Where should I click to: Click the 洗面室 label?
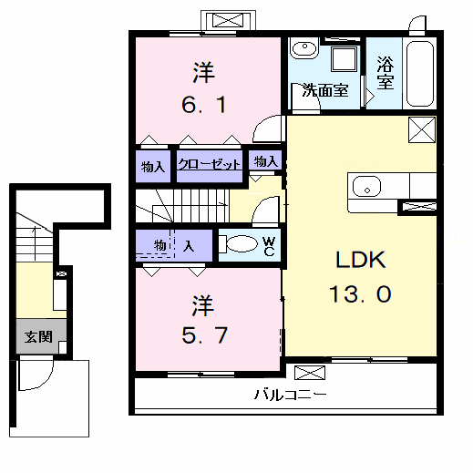point(325,90)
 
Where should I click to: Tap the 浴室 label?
point(386,73)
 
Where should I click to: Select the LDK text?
point(361,260)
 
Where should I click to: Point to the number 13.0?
point(360,294)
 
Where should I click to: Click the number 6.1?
point(204,105)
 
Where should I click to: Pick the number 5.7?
point(204,335)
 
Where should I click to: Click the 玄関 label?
point(38,336)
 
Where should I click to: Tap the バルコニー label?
point(291,395)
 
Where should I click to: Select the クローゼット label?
point(210,164)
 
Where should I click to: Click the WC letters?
point(269,246)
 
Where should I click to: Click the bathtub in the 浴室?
point(420,74)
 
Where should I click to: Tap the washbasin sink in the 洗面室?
point(304,47)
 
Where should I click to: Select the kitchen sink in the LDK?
point(366,187)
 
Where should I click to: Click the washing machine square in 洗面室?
point(344,58)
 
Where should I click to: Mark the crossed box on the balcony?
point(310,373)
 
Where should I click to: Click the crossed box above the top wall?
point(228,21)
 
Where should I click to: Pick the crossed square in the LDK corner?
point(422,129)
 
